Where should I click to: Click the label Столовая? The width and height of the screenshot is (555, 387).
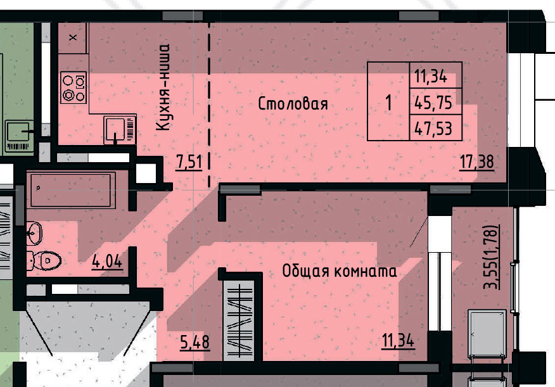(293, 104)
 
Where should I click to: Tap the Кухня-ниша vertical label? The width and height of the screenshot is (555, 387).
(163, 87)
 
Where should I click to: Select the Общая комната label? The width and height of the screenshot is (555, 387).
(339, 271)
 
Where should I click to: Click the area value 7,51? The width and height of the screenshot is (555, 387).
(189, 162)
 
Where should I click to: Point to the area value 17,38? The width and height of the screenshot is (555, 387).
(477, 162)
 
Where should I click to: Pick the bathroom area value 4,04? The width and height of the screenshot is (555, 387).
(107, 262)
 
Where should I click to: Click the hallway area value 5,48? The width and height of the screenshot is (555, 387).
(195, 342)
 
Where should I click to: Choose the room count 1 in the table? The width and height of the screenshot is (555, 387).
(388, 103)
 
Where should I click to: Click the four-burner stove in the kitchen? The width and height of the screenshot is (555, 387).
(73, 87)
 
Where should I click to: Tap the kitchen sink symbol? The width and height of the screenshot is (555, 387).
(120, 130)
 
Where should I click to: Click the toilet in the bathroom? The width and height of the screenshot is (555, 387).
(44, 261)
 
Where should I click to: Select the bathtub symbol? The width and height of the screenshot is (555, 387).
(73, 190)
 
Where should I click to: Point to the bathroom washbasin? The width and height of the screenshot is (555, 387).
(34, 232)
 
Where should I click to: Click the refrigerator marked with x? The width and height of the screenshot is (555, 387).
(73, 38)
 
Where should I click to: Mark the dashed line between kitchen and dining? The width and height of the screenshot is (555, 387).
(209, 105)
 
